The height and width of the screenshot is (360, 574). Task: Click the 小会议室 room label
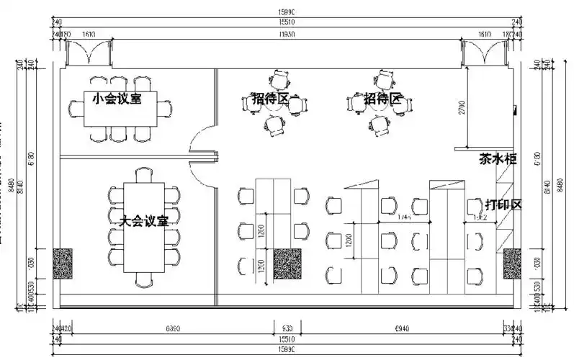tap(117, 98)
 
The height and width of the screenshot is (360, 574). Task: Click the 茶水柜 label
tap(498, 159)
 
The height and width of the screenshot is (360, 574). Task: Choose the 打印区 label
tap(503, 204)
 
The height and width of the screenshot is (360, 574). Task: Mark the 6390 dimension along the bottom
tap(172, 328)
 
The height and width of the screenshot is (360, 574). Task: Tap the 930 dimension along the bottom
tap(287, 328)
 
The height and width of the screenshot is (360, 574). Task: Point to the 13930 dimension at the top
tap(287, 34)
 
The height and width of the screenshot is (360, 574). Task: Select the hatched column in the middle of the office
tap(287, 264)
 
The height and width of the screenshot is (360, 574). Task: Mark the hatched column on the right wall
tap(511, 264)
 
